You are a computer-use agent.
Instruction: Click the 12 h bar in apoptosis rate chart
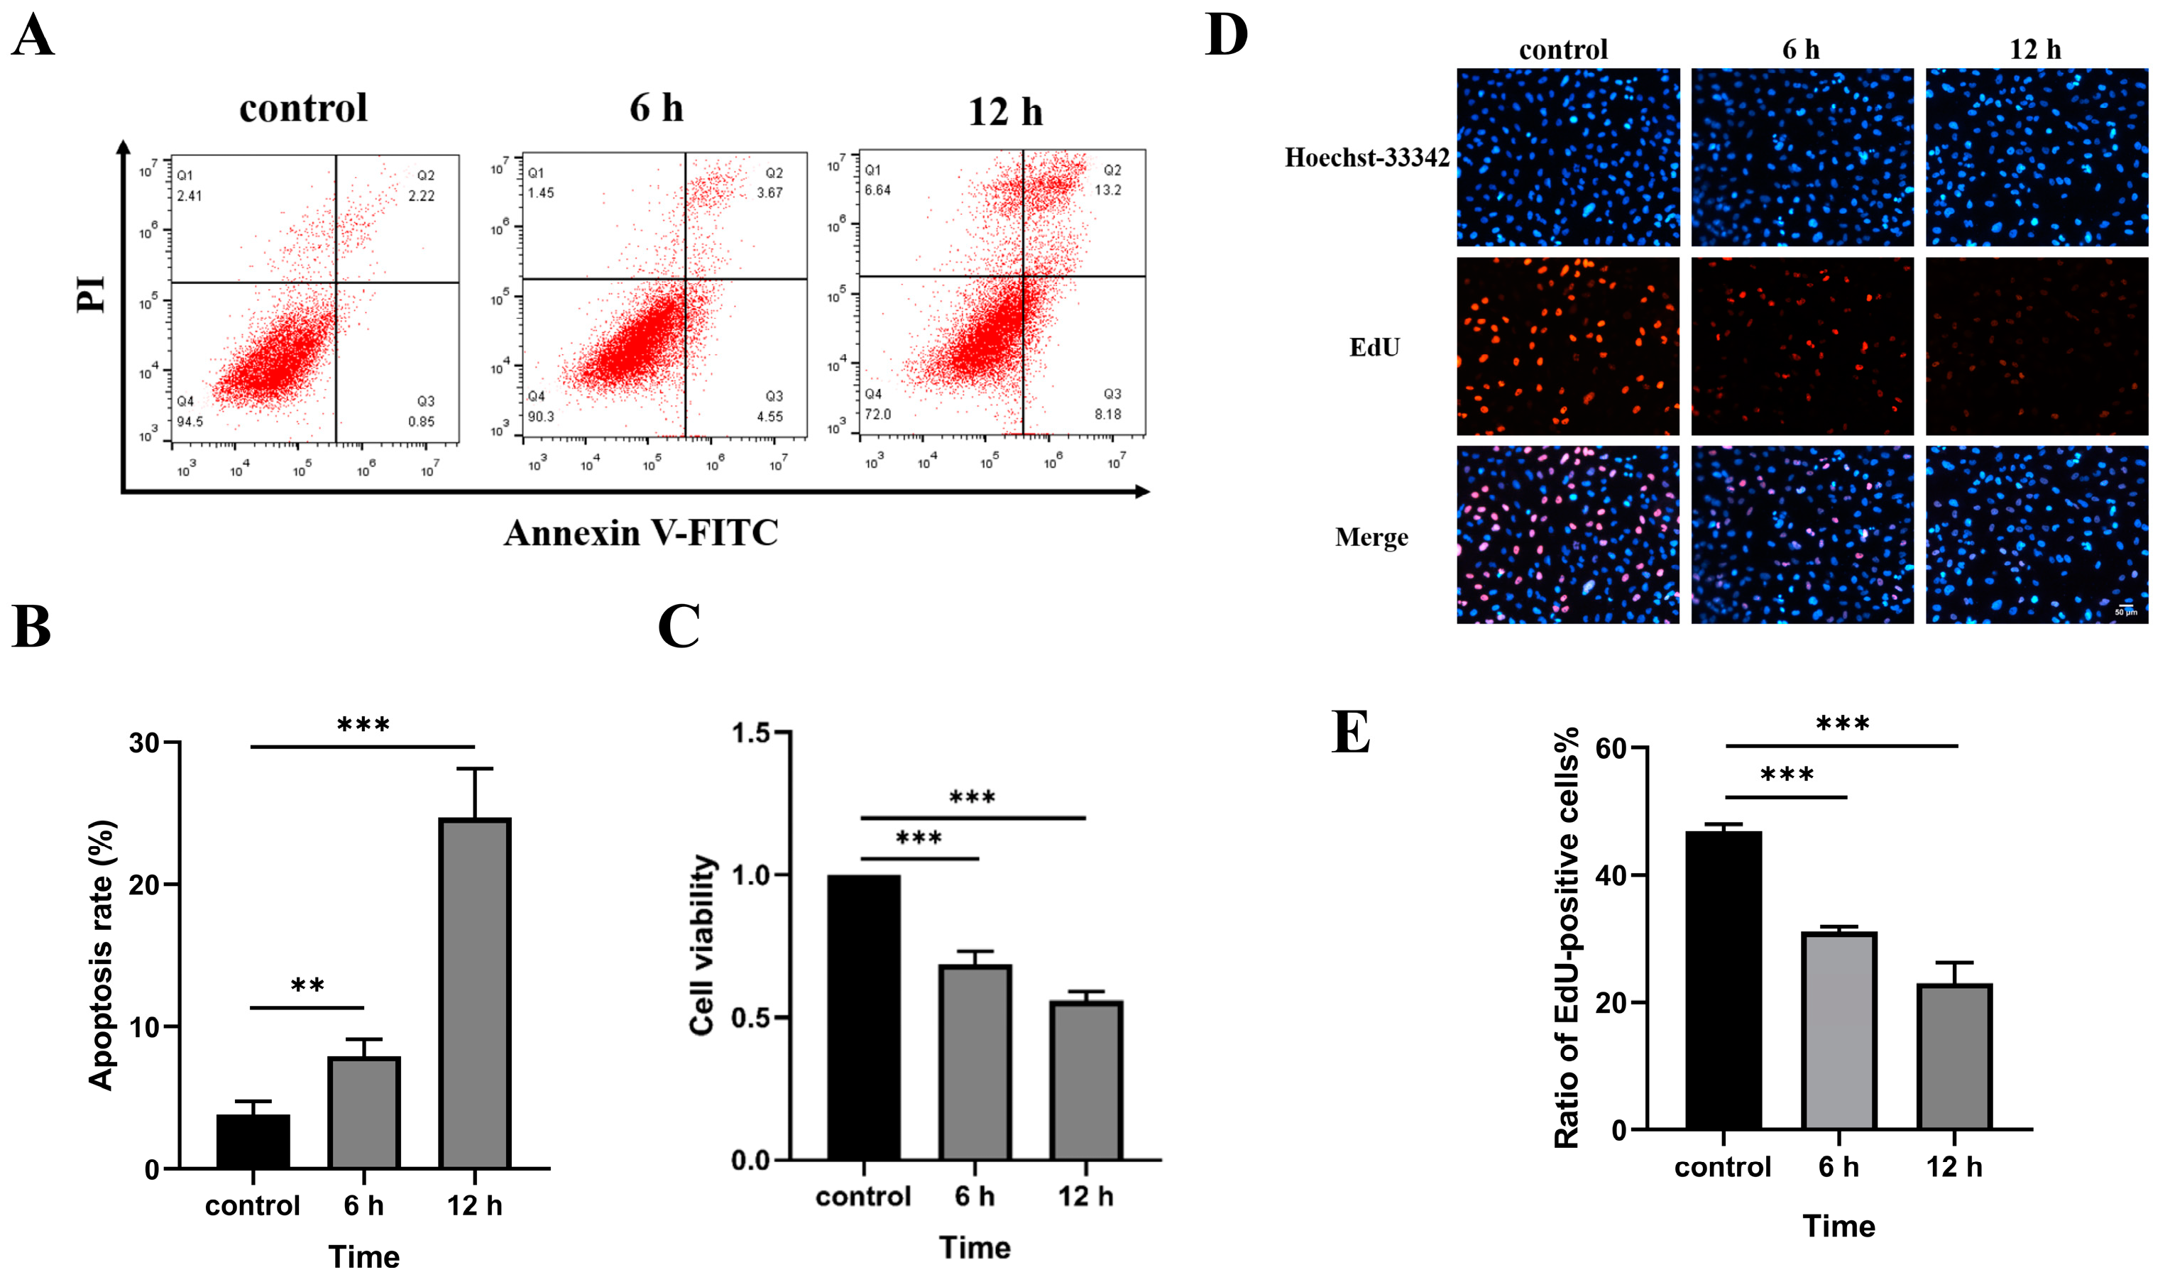click(474, 994)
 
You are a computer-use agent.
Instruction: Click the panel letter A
click(33, 36)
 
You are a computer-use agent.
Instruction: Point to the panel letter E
click(1350, 733)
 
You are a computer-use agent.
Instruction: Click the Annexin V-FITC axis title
click(641, 533)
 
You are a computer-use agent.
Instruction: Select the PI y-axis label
click(91, 294)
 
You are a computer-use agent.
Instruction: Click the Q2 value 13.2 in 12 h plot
click(1107, 190)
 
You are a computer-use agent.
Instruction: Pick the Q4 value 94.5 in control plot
click(190, 422)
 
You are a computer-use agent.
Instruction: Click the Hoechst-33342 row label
click(1366, 157)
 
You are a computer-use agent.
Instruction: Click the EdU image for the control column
click(1567, 346)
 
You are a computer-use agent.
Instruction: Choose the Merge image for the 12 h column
click(2036, 535)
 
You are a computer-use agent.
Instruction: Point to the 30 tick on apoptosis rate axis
click(144, 743)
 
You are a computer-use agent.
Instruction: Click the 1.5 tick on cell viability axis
click(750, 733)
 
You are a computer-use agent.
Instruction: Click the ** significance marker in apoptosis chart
click(307, 986)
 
